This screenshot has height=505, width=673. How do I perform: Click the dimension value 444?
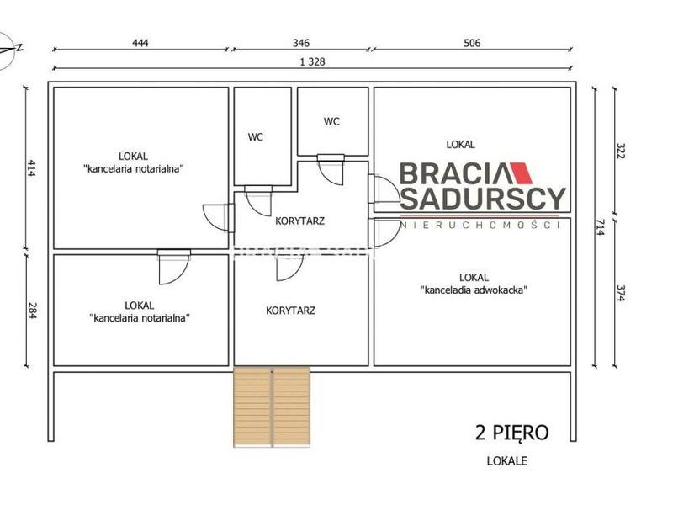140,43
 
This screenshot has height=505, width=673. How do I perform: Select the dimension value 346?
301,43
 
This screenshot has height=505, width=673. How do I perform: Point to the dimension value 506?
472,43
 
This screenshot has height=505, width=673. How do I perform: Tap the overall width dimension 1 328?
312,61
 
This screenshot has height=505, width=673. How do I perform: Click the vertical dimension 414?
32,168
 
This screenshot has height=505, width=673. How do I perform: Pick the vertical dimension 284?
32,311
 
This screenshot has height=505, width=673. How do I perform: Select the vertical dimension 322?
620,151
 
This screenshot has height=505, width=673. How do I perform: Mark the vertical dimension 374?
620,293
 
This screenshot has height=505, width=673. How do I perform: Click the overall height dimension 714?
600,227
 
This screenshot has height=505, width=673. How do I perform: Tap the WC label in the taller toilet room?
256,137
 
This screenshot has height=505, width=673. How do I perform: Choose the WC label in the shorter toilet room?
331,121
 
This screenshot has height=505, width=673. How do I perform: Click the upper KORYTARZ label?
300,221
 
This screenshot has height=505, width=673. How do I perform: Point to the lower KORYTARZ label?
290,311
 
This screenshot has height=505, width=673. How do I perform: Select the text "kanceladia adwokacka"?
474,290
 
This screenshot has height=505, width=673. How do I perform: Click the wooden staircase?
272,407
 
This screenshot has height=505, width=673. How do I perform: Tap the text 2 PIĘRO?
511,433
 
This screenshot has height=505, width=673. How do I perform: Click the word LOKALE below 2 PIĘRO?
507,461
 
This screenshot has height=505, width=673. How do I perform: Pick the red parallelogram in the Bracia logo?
520,173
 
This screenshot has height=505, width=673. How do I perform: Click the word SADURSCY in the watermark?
483,199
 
